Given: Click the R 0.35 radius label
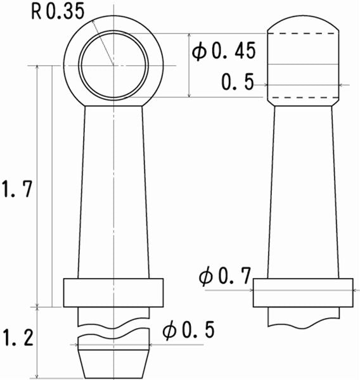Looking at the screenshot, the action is click(x=58, y=11).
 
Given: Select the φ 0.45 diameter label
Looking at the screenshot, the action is click(x=224, y=51).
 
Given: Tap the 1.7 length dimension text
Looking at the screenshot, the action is click(x=16, y=189).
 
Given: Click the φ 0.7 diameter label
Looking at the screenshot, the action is click(x=225, y=275).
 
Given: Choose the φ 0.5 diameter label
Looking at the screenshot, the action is click(x=188, y=329).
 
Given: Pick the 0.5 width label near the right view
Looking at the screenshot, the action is click(x=238, y=82).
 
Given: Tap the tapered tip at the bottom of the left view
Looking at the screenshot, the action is click(x=113, y=364).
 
